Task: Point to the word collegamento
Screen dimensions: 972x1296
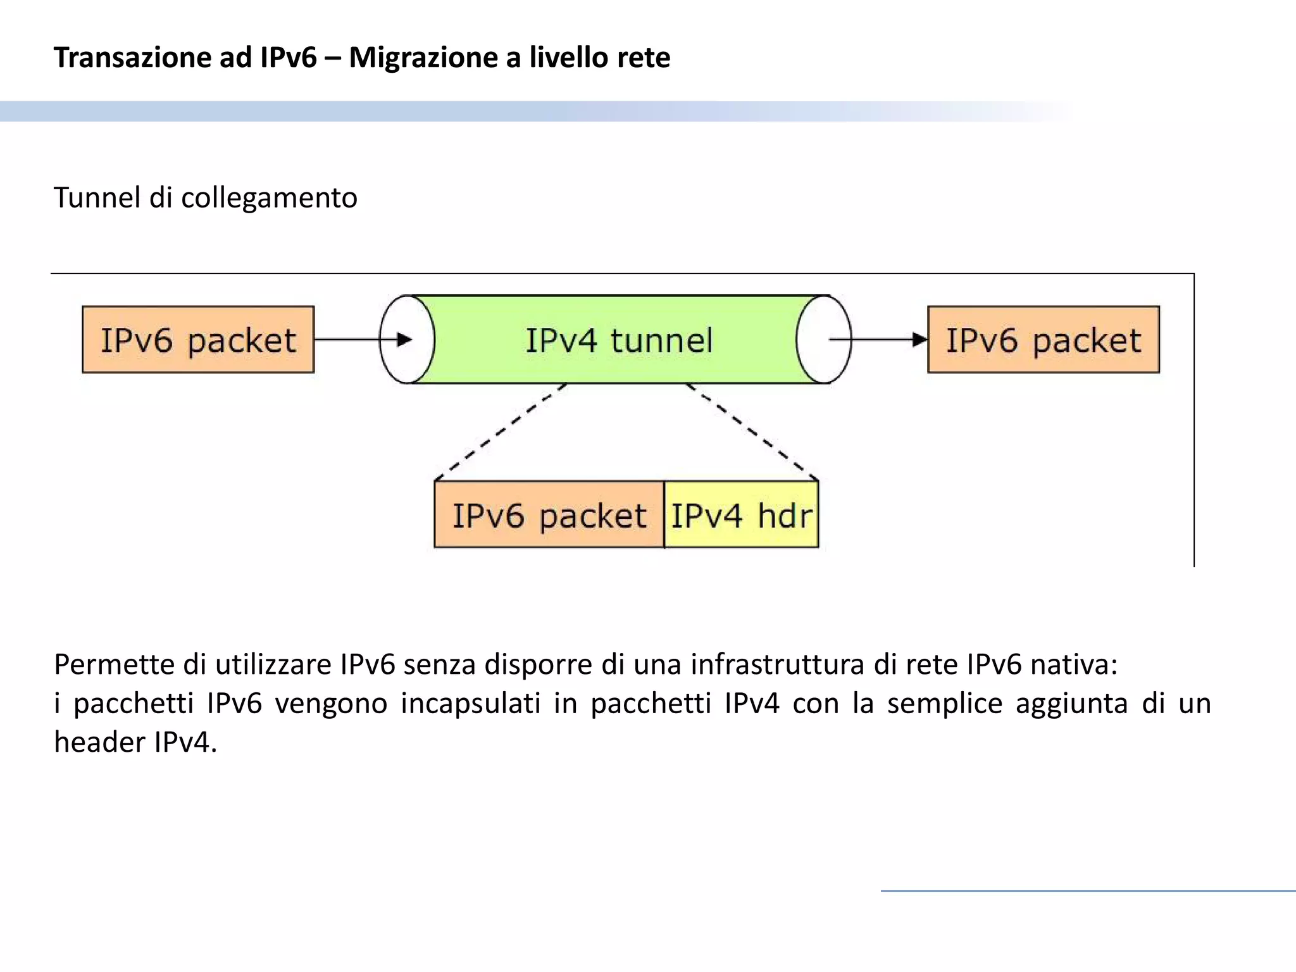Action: (269, 199)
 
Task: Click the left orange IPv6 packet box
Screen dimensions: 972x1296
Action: (198, 340)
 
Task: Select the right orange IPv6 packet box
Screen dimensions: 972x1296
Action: (1044, 340)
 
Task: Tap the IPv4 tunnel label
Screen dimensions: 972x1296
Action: (619, 340)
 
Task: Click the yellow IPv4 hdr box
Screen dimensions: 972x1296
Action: (741, 515)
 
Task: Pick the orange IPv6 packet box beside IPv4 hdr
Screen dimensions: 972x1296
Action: (549, 515)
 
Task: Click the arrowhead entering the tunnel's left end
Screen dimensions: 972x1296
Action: (404, 340)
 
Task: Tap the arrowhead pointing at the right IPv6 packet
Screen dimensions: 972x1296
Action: (919, 340)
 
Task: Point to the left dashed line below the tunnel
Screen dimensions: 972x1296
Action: (500, 432)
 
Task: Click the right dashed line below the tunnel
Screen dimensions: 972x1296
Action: (752, 432)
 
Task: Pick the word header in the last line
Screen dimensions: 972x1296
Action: (99, 742)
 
